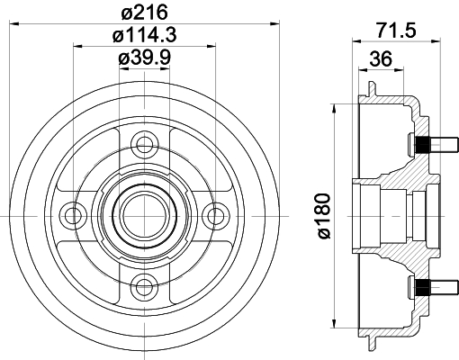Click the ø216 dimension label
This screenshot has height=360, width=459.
[x=145, y=13]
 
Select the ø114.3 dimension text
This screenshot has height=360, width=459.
[x=145, y=35]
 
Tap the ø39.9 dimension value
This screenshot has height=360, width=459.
[x=145, y=58]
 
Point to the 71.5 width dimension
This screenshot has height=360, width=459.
[x=396, y=30]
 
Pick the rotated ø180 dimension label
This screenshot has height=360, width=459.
[x=324, y=216]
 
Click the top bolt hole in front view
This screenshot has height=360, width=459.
[x=145, y=145]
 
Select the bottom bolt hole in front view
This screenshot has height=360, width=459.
[x=145, y=287]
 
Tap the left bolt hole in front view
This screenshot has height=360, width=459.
[x=74, y=216]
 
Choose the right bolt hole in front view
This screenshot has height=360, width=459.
[x=216, y=216]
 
